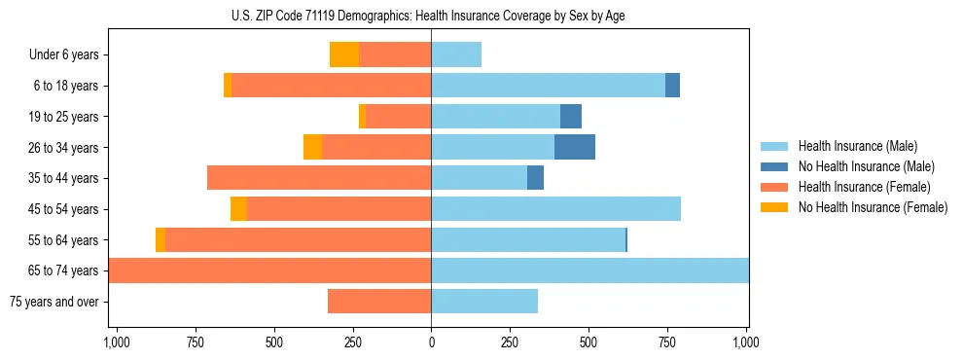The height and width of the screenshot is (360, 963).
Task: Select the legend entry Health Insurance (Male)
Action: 857,146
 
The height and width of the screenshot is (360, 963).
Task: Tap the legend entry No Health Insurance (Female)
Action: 872,207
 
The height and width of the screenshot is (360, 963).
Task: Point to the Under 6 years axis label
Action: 63,55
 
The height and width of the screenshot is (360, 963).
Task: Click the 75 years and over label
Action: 54,302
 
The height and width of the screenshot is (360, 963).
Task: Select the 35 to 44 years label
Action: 64,178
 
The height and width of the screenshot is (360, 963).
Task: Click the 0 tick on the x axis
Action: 431,342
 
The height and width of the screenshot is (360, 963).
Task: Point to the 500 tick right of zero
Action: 588,342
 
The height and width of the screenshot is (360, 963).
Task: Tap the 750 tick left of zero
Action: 195,342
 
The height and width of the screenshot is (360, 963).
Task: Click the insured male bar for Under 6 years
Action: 456,55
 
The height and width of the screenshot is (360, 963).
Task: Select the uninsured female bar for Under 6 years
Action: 344,55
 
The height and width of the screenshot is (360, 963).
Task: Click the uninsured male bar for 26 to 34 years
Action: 575,148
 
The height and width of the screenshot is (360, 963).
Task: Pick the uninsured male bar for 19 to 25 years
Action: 571,117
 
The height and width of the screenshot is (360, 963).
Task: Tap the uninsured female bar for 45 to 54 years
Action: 238,209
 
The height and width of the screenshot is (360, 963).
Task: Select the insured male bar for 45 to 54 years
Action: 555,209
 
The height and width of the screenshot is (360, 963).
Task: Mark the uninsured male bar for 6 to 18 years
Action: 672,86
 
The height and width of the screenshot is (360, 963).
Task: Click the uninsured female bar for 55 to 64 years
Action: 160,240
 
